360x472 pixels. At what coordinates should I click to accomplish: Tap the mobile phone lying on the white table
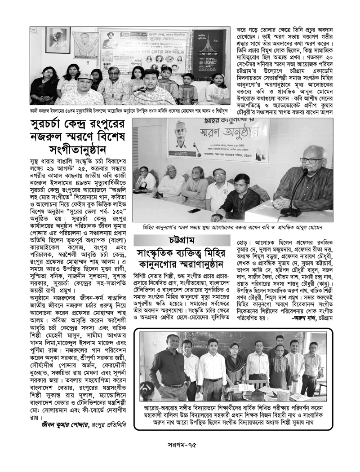click(x=194, y=210)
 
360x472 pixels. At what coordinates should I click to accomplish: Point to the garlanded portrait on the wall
click(x=58, y=40)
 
